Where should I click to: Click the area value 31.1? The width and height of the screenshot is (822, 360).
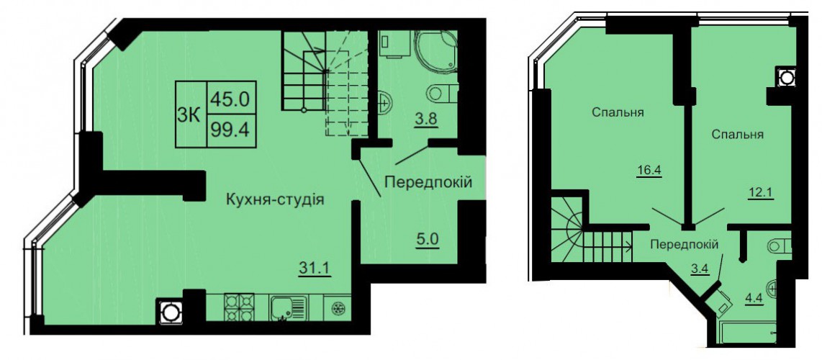(315, 271)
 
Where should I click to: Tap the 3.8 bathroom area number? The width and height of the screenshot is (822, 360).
(425, 120)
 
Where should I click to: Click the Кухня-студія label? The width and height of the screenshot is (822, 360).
(274, 199)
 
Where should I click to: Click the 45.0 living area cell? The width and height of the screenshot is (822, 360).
(230, 97)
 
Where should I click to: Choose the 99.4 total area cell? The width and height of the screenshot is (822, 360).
(230, 130)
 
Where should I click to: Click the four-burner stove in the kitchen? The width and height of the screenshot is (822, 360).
(239, 307)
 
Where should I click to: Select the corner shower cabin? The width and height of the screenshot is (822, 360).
(436, 50)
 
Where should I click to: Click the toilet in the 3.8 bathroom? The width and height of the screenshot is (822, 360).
(443, 94)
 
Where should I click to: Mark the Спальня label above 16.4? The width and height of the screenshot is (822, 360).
(618, 112)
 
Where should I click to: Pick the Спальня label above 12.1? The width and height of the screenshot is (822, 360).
(737, 135)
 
